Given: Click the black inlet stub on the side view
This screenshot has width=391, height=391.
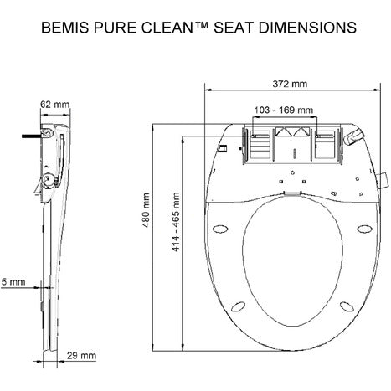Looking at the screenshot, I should [31, 132].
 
